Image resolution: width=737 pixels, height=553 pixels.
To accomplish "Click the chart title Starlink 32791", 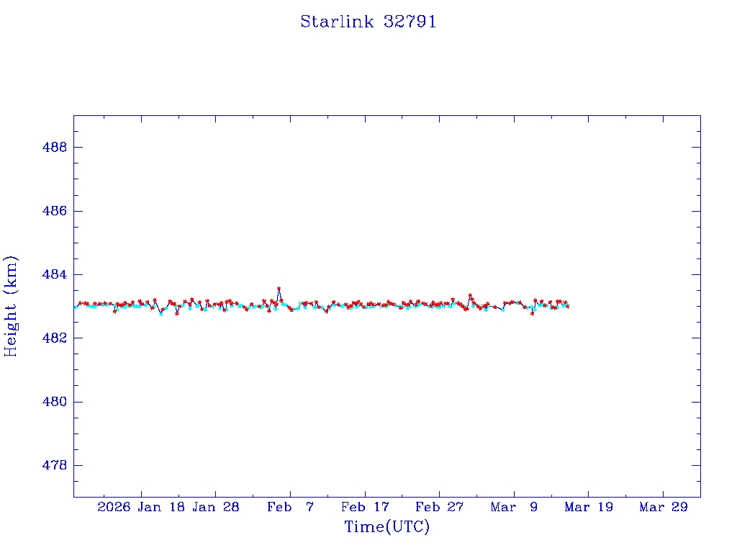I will [368, 22].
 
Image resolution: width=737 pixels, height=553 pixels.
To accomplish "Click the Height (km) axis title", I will [12, 306].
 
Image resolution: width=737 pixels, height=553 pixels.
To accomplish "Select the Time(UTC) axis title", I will [386, 527].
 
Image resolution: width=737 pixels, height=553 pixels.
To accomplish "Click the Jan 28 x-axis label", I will [216, 508].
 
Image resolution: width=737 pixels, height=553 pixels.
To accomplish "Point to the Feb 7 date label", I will [290, 508].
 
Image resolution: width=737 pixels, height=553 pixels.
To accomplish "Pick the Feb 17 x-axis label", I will [365, 508].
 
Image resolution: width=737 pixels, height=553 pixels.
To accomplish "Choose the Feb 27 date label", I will [439, 508].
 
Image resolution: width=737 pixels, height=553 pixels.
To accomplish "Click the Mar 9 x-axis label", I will [514, 508].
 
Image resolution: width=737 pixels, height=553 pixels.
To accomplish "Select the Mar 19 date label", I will [589, 508].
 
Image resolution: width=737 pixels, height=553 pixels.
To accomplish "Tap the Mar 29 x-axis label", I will [663, 508].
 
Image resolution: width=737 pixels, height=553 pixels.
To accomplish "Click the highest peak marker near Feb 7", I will [279, 289].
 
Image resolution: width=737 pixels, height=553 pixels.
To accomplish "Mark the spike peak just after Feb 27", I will [470, 295].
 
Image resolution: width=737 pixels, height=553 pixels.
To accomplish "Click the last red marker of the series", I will [568, 307].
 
